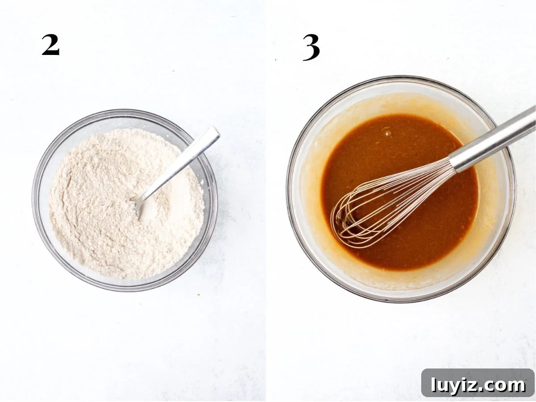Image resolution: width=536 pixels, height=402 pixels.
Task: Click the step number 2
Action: pos(50,45)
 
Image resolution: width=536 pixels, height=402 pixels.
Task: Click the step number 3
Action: pos(311,47)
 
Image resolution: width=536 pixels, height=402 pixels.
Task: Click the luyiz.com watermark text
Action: pos(478,385)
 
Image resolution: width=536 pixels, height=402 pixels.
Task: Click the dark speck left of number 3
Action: pos(276,59)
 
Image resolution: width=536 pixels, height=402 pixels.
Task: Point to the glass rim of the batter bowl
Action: pos(289,190)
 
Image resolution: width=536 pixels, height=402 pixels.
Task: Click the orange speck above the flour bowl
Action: pos(174,71)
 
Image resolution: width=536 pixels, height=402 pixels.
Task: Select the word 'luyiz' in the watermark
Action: pos(454,385)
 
